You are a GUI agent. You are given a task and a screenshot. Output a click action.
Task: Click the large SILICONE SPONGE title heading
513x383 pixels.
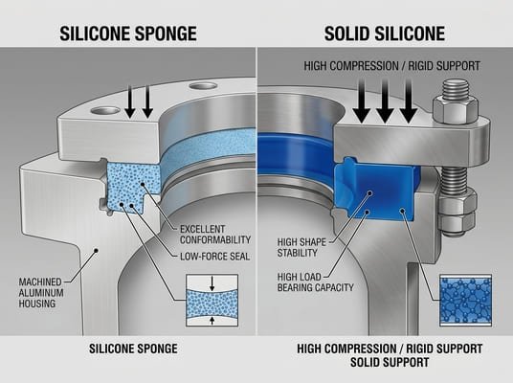point(128,33)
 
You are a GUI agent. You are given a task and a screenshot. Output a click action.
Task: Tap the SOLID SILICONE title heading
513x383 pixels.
point(385,33)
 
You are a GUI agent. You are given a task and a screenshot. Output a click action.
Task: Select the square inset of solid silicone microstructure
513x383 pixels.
point(465,300)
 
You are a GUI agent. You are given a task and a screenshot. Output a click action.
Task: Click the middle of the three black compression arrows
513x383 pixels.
point(385,101)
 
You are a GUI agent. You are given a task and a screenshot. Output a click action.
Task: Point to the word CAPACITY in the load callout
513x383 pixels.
point(316,291)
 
